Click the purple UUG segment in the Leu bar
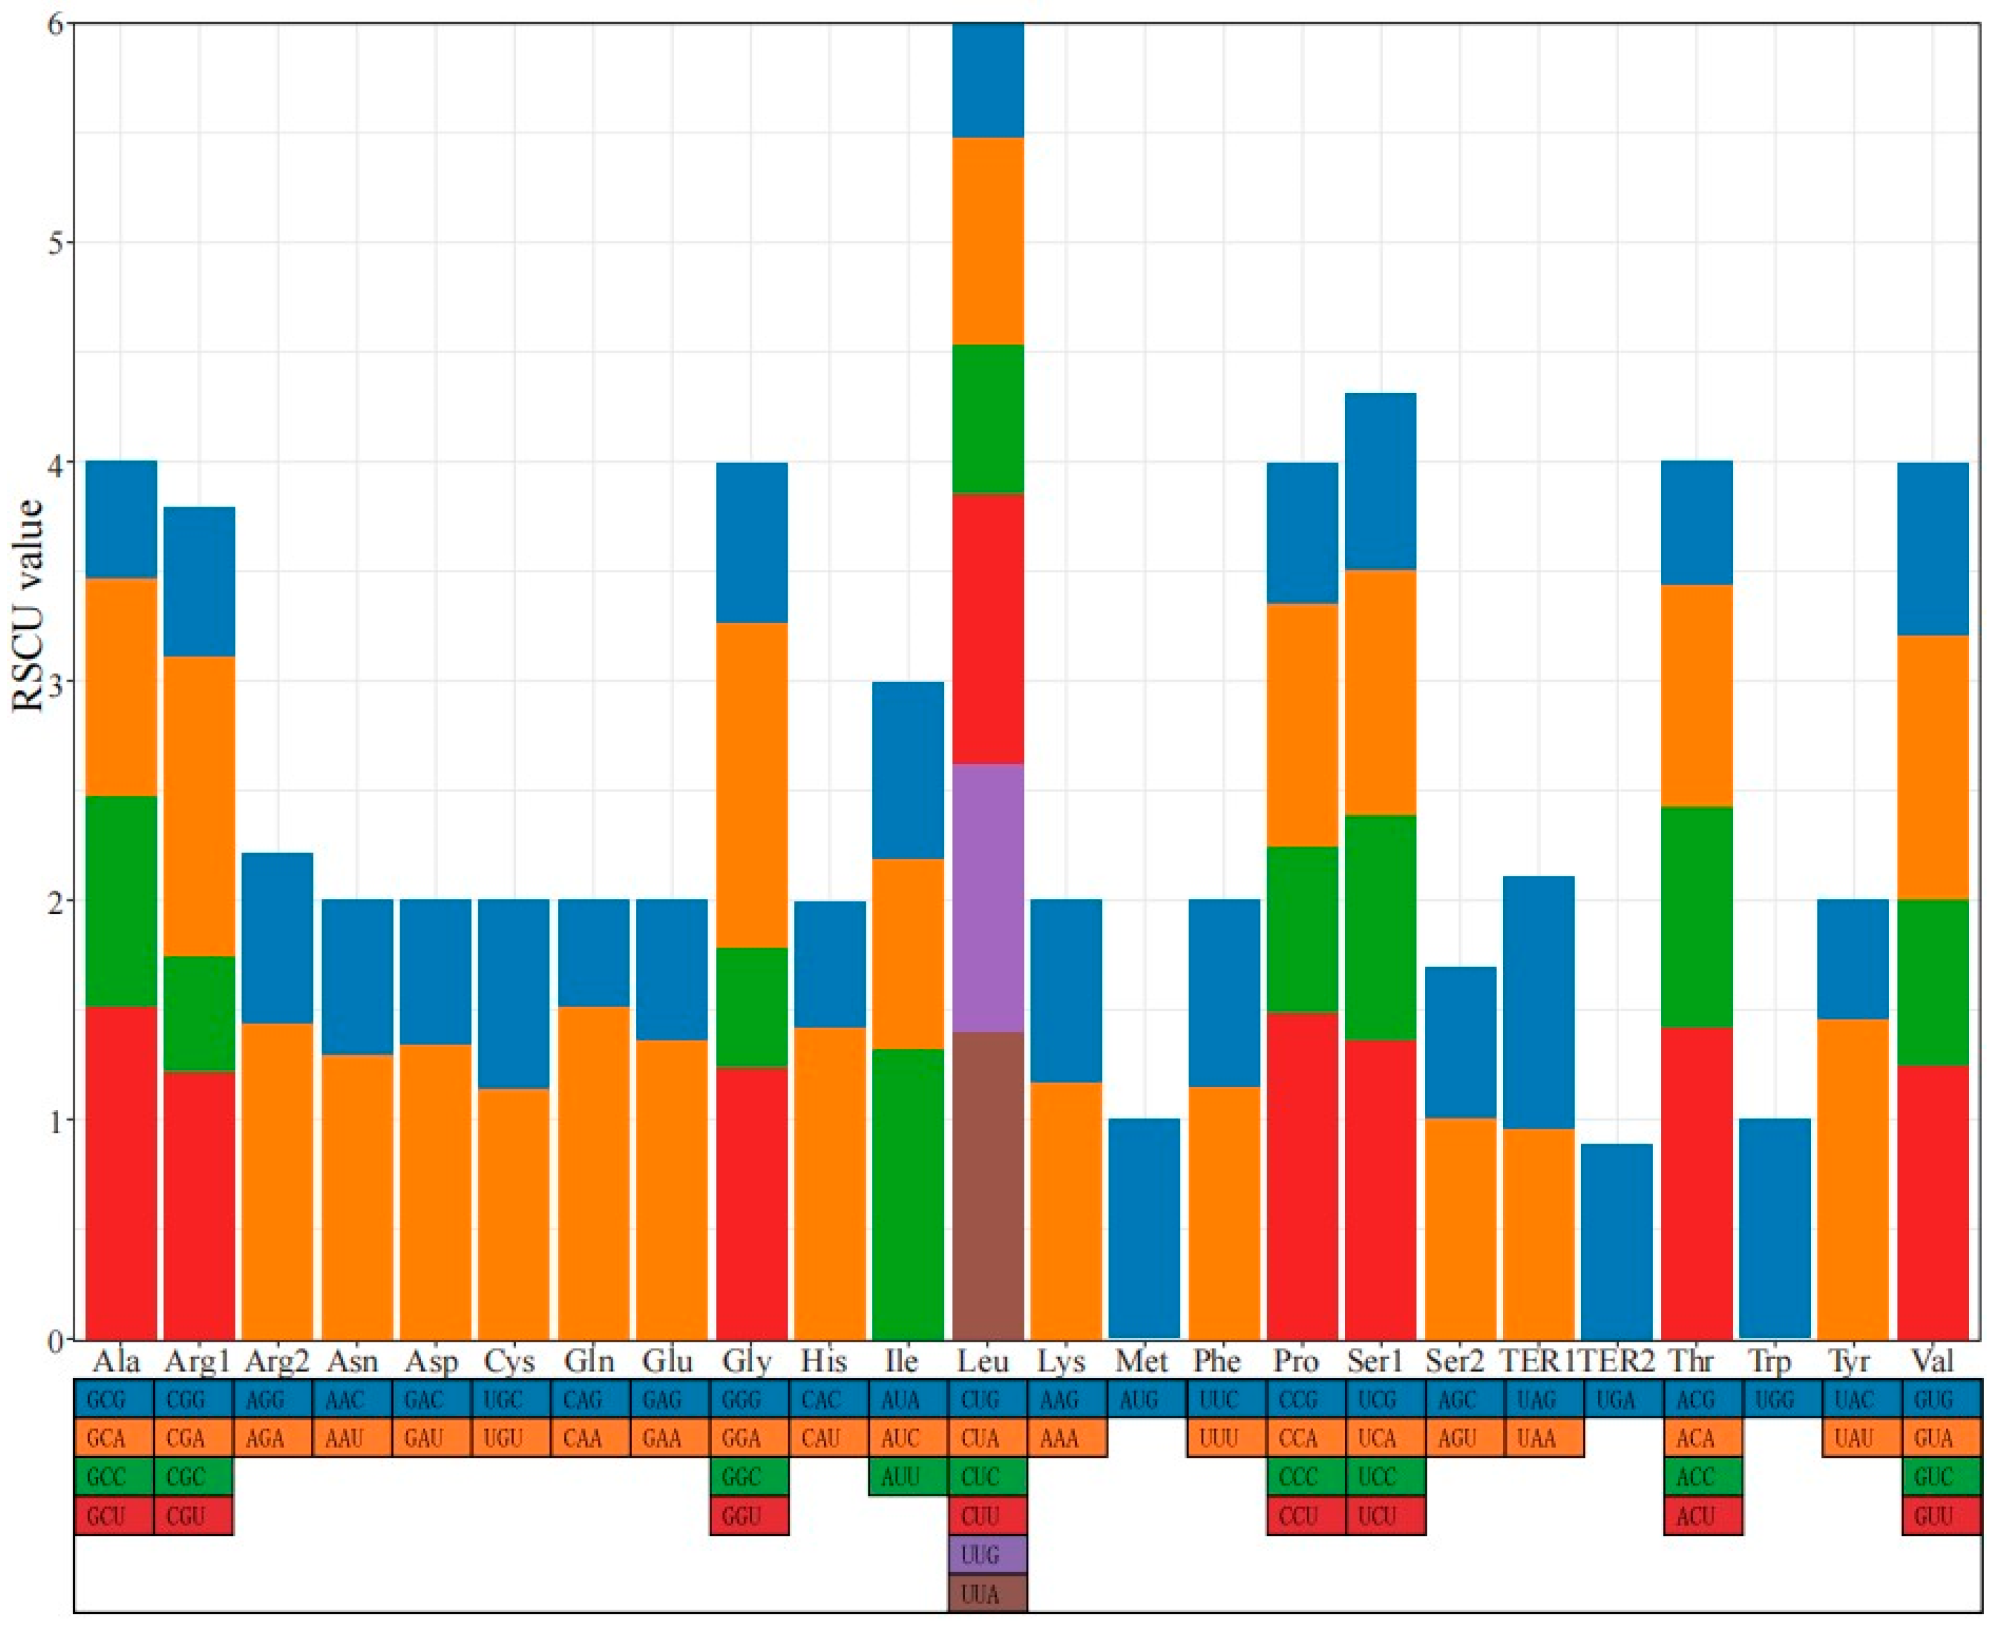[x=987, y=898]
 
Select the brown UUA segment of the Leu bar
[x=987, y=1186]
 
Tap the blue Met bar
[x=1143, y=1228]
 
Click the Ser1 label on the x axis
[x=1377, y=1361]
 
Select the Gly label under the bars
[x=747, y=1361]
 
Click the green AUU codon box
[x=908, y=1478]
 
